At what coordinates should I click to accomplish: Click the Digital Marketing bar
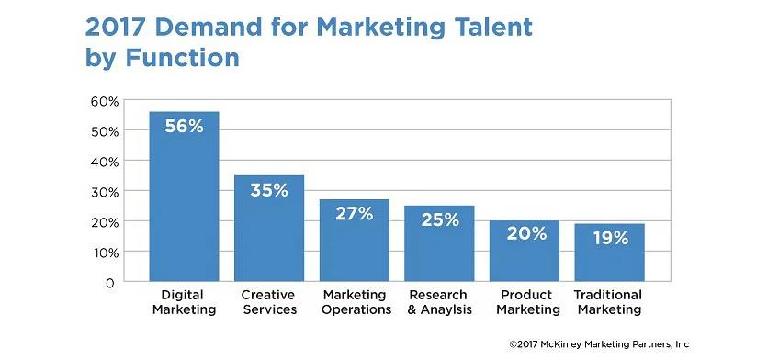[184, 197]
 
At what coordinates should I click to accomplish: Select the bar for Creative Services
[269, 229]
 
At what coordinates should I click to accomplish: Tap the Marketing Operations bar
[355, 241]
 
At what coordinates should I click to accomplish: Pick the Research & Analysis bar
[439, 243]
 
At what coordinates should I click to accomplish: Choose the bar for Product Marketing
[525, 252]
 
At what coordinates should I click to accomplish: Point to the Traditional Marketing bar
[610, 253]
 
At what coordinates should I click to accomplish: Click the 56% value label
[184, 127]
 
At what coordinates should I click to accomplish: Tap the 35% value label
[269, 190]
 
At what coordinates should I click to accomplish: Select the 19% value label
[610, 239]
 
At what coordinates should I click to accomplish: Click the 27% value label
[355, 214]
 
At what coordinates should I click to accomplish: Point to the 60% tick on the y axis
[105, 102]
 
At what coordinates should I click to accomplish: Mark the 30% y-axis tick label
[105, 193]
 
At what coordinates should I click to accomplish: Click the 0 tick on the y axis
[109, 283]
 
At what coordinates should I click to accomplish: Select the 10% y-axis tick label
[105, 253]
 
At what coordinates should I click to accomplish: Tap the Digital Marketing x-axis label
[184, 302]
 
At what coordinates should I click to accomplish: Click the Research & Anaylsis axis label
[439, 302]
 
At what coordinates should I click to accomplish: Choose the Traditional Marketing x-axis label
[608, 302]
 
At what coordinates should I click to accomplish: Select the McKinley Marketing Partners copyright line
[599, 344]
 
